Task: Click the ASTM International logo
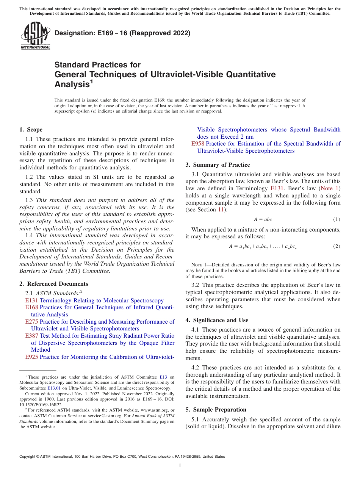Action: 35,36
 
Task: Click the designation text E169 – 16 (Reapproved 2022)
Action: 122,33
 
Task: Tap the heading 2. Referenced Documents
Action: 53,284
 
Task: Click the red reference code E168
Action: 31,307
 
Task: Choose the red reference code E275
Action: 31,322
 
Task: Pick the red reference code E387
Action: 31,336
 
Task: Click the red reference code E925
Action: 31,357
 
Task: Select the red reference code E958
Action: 198,144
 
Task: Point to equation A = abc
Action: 263,220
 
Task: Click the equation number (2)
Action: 337,246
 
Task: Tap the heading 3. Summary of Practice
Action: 218,165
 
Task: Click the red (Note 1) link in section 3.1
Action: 330,188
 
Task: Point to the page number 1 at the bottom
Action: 180,466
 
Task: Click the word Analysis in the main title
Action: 72,85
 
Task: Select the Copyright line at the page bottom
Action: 122,457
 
